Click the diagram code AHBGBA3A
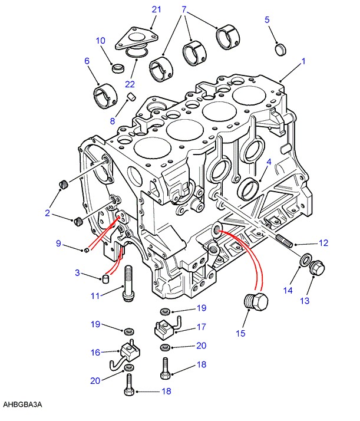(22, 405)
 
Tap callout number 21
(156, 9)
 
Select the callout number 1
(303, 61)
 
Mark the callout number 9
(58, 243)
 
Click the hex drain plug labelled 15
(256, 302)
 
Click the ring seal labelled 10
(118, 68)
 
